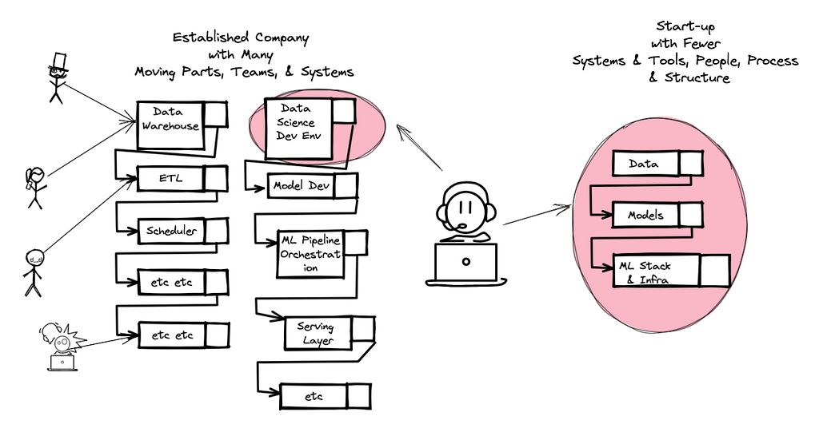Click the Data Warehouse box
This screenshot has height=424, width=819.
point(182,125)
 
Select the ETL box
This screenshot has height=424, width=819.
point(182,178)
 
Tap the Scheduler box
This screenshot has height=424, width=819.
point(183,231)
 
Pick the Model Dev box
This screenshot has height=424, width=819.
point(313,186)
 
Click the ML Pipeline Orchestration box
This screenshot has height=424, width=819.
point(322,254)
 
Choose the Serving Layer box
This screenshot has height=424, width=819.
point(329,333)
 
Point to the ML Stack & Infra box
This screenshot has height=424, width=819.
point(671,271)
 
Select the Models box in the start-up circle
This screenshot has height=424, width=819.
point(657,215)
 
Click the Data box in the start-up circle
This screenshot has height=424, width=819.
point(657,163)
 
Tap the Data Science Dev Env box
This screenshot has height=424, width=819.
point(310,129)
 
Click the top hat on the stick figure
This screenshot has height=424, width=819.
point(58,61)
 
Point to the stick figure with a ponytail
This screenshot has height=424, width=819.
point(36,188)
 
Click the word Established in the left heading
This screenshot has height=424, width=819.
point(210,38)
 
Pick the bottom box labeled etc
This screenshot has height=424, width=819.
point(326,396)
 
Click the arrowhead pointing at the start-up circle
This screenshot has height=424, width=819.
point(565,208)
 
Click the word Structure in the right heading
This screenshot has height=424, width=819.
point(697,77)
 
